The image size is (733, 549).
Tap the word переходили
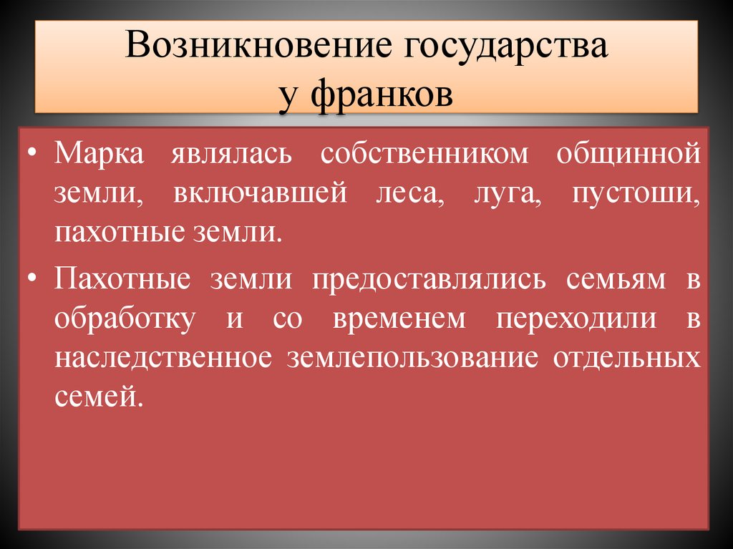pos(576,319)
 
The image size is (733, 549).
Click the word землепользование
pos(412,358)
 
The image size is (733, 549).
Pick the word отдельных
pos(626,358)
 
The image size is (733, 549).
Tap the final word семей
pos(94,397)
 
